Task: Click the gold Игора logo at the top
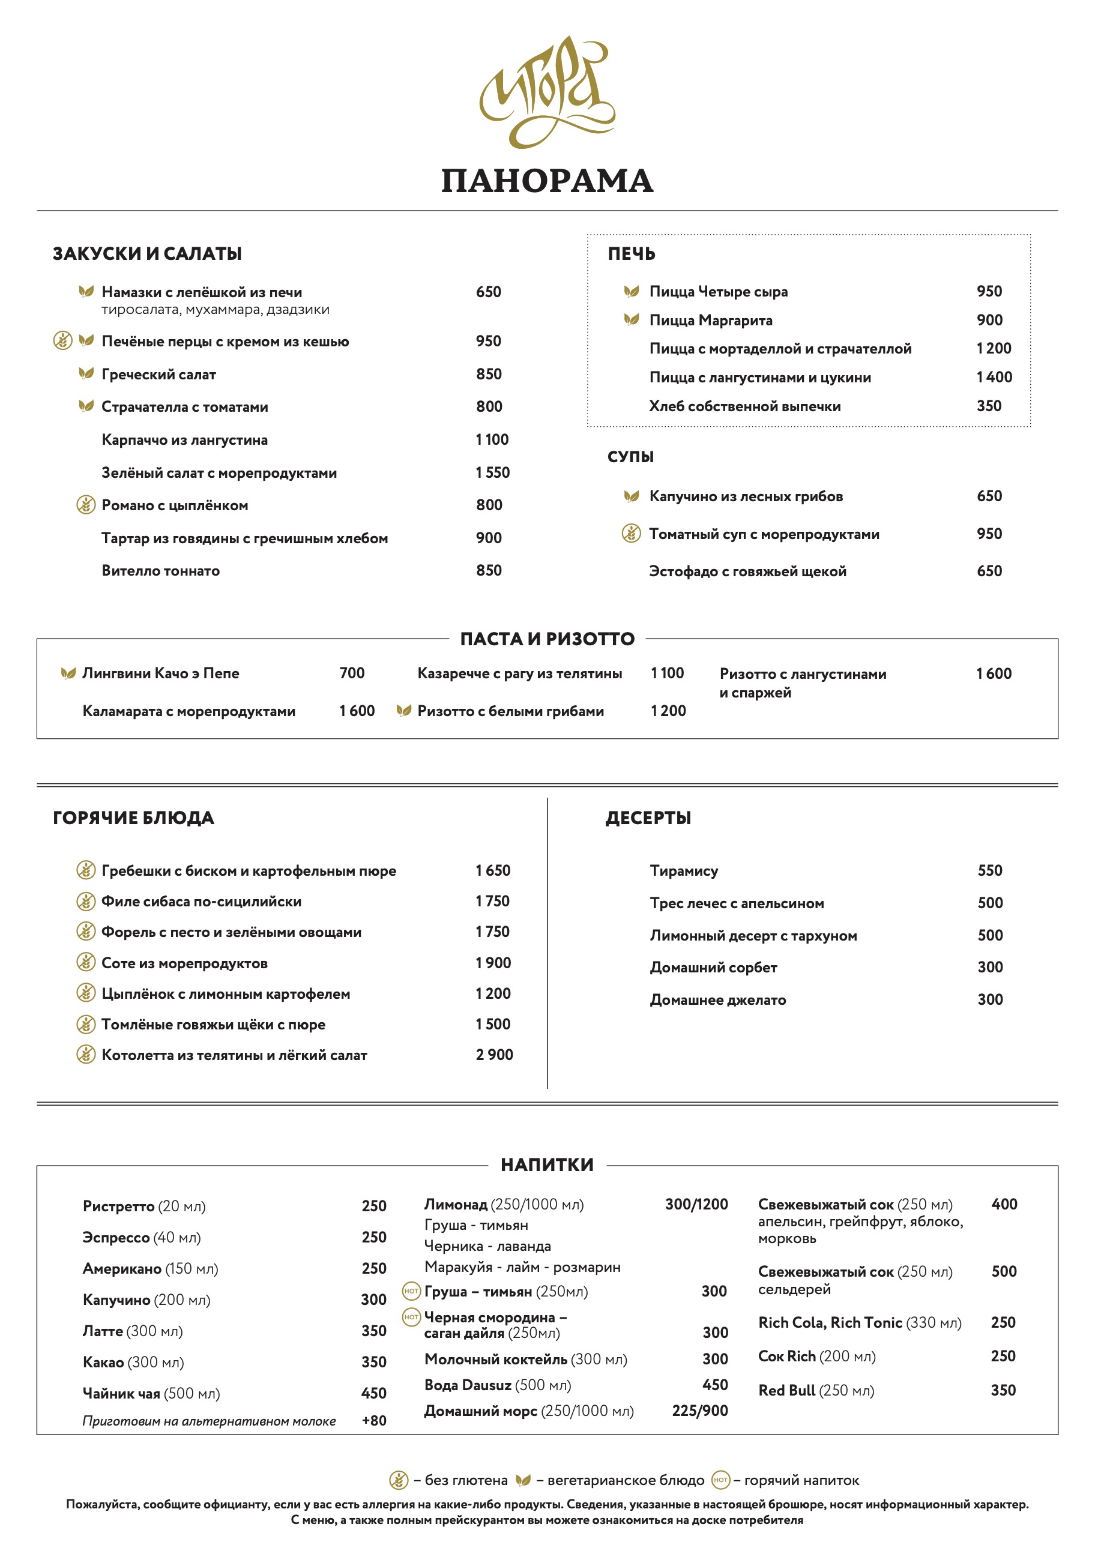coord(547,91)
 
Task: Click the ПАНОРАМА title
coord(547,181)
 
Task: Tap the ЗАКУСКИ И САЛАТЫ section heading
coord(147,254)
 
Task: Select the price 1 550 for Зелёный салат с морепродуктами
coord(492,472)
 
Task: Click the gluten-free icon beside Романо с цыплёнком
coord(86,504)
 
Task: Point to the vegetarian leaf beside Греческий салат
coord(86,373)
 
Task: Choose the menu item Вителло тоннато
coord(160,570)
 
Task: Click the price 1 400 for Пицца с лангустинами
coord(994,377)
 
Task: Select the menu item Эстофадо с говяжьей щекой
coord(747,571)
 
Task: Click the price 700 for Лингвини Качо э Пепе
coord(351,673)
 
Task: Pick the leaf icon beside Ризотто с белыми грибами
coord(403,711)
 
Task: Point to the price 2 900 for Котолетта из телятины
coord(494,1055)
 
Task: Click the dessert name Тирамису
coord(684,870)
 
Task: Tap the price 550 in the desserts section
coord(990,870)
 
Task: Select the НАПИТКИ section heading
coord(547,1164)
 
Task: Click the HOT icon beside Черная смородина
coord(411,1317)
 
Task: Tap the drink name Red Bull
coord(787,1390)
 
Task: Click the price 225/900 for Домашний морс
coord(700,1411)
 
